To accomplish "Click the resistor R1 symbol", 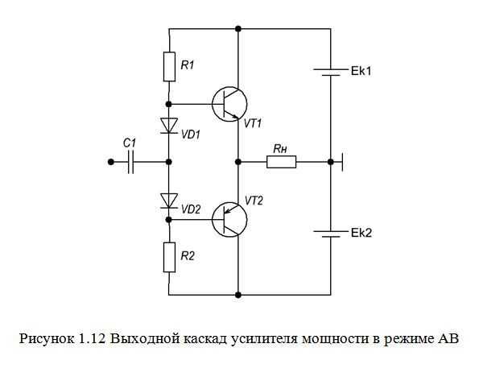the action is pyautogui.click(x=169, y=67).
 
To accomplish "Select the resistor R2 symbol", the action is pyautogui.click(x=169, y=257).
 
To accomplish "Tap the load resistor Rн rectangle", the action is pyautogui.click(x=281, y=162).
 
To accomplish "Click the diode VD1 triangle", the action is pyautogui.click(x=169, y=126).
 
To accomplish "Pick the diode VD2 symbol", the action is pyautogui.click(x=169, y=201).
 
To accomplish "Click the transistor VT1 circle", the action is pyautogui.click(x=229, y=104).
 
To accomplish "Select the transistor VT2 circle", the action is pyautogui.click(x=229, y=219).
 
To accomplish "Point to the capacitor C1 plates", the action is pyautogui.click(x=130, y=162).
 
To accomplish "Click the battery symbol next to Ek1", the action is pyautogui.click(x=331, y=72).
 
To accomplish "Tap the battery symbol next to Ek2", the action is pyautogui.click(x=331, y=234).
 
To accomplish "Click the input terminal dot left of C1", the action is pyautogui.click(x=111, y=162).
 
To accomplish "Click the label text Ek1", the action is pyautogui.click(x=361, y=71).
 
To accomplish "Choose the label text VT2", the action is pyautogui.click(x=254, y=201).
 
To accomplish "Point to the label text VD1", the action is pyautogui.click(x=191, y=135).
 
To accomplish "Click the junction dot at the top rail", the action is pyautogui.click(x=238, y=29).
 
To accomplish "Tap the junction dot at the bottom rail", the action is pyautogui.click(x=238, y=295).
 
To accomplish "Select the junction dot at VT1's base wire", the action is pyautogui.click(x=168, y=104).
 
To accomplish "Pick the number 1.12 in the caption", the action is pyautogui.click(x=93, y=338).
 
